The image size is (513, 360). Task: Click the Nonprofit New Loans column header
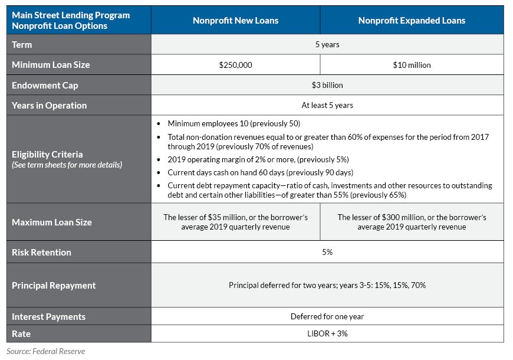[x=235, y=21]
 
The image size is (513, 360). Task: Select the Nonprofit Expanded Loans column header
[x=412, y=21]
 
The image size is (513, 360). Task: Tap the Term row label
[x=22, y=45]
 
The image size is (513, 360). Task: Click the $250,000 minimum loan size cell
[x=235, y=65]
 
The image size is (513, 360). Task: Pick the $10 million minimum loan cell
[x=412, y=65]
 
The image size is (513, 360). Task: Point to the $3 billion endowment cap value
[x=327, y=85]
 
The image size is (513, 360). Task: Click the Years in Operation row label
[x=50, y=106]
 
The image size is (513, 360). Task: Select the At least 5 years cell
[x=327, y=106]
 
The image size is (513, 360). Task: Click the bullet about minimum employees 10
[x=234, y=124]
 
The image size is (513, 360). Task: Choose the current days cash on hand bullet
[x=260, y=172]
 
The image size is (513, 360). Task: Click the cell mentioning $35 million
[x=235, y=222]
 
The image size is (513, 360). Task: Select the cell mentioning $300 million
[x=412, y=222]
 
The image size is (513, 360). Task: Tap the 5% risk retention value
[x=327, y=252]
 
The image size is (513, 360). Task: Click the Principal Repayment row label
[x=54, y=286]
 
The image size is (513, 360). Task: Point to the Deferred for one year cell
[x=327, y=316]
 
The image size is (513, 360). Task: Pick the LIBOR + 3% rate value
[x=327, y=334]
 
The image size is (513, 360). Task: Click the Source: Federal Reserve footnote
[x=46, y=351]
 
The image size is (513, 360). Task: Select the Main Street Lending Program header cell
[x=71, y=21]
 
